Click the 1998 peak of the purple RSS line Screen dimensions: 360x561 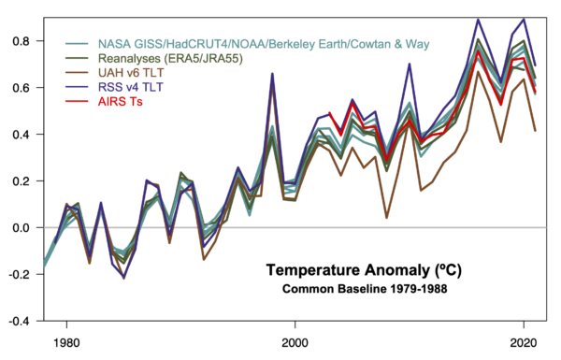[272, 73]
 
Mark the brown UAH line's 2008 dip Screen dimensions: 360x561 [386, 217]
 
